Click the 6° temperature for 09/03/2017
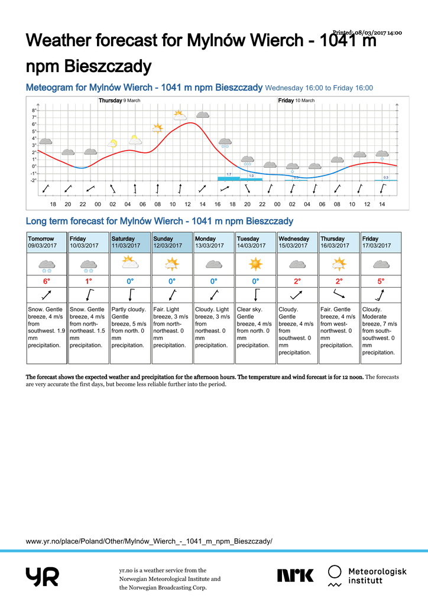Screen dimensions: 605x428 [x=47, y=281]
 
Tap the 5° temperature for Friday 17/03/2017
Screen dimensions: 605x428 [x=381, y=281]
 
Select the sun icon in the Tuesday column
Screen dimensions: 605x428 [x=255, y=264]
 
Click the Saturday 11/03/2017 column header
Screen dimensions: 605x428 [x=130, y=242]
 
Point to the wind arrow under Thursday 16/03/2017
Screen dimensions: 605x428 [x=339, y=294]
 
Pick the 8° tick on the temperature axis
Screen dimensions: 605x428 [x=34, y=110]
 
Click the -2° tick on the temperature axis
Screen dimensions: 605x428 [x=33, y=180]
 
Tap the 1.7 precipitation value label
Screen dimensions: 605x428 [x=229, y=174]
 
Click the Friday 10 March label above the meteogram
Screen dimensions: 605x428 [x=296, y=100]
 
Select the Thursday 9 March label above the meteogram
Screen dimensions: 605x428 [x=119, y=100]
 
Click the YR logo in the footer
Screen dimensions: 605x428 [x=42, y=577]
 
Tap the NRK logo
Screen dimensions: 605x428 [x=296, y=575]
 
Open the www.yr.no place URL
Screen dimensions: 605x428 [x=149, y=541]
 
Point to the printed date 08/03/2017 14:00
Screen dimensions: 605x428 [x=368, y=32]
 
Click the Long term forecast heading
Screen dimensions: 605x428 [x=160, y=222]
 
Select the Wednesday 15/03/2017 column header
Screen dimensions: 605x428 [x=297, y=242]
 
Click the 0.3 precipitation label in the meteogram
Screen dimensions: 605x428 [x=385, y=177]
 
